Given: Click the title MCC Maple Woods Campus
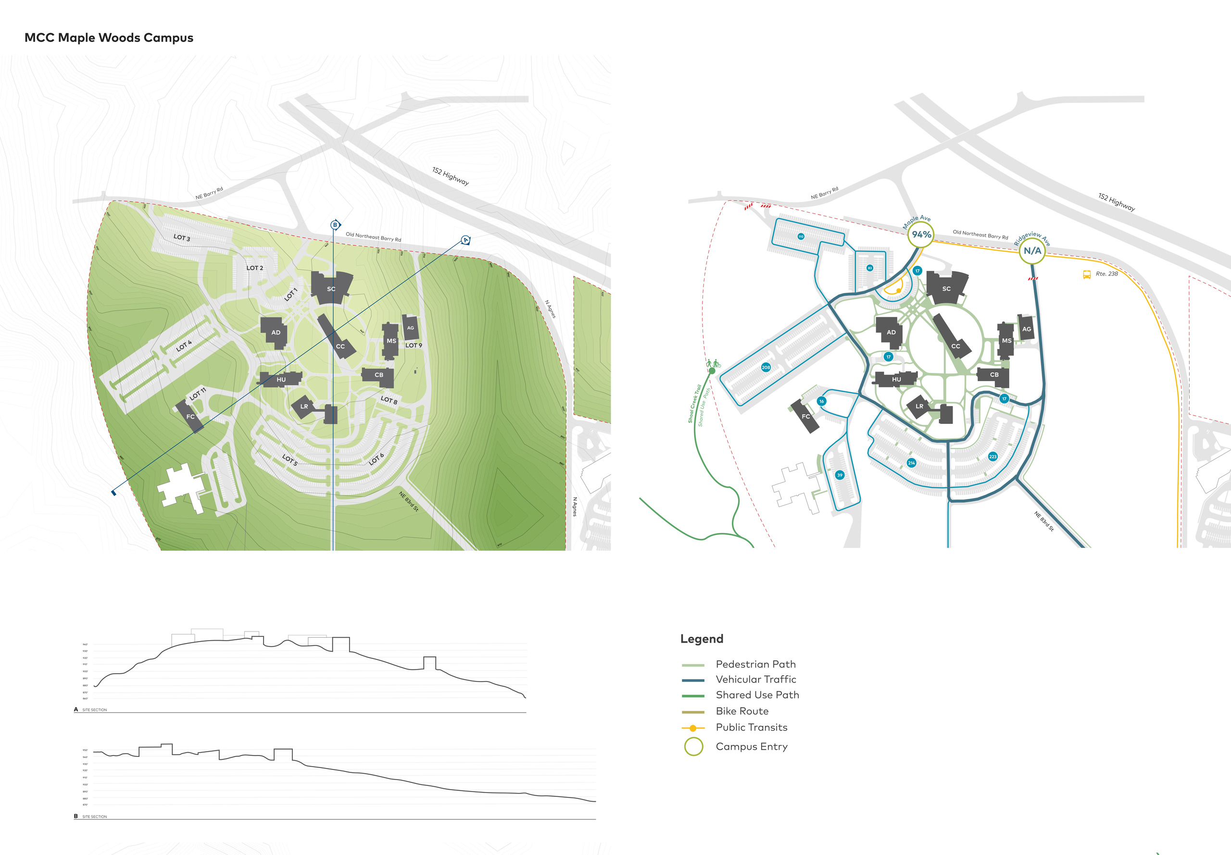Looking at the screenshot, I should coord(109,37).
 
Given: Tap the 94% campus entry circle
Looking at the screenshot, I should coord(921,235).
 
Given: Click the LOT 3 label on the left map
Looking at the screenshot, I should coord(182,237).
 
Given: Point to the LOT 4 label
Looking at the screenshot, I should coord(184,346).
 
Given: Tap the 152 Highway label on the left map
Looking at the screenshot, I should coord(450,176).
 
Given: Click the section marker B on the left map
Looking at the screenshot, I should coord(336,225).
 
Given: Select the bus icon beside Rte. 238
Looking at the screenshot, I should coord(1087,275).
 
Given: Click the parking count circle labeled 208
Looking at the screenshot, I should coord(766,368).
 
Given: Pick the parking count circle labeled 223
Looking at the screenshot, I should coord(992,457).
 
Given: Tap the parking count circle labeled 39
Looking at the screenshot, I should coord(839,475).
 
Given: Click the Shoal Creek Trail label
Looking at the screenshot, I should coord(694,404).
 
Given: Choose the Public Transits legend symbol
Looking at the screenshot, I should coord(693,728).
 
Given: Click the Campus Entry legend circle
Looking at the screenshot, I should coord(693,746).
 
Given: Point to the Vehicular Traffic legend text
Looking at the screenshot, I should coord(755,679).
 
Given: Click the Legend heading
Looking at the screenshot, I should coord(702,639).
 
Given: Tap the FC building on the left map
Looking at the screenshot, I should coord(190,416).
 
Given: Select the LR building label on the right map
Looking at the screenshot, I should coord(919,406).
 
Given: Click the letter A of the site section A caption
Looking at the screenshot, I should coord(76,709).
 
